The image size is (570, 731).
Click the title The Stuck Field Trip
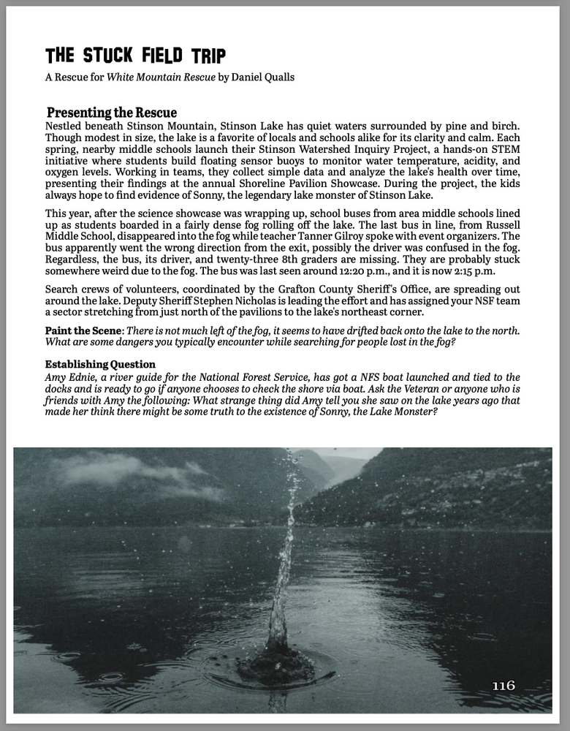coord(135,56)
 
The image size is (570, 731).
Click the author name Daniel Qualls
coord(264,77)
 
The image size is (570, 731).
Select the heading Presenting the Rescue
coord(112,113)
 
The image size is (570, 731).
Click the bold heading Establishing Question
coord(100,365)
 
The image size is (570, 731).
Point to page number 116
coord(503,685)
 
